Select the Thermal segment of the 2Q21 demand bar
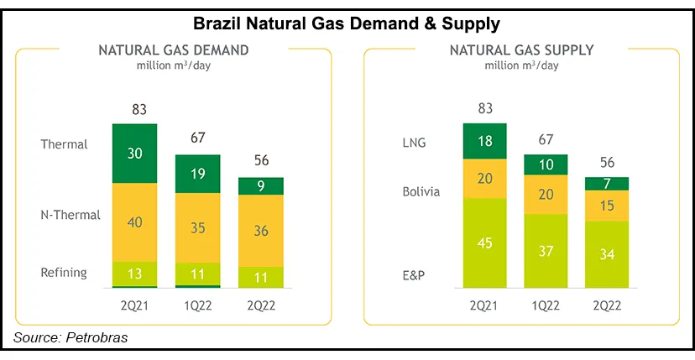(135, 152)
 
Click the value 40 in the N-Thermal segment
(135, 221)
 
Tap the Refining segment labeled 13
(135, 273)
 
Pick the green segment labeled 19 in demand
(198, 175)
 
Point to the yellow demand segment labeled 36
(260, 229)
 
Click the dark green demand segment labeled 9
(260, 186)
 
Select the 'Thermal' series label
(64, 144)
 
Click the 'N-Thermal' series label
(71, 215)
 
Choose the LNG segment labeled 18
(485, 140)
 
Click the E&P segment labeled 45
(485, 244)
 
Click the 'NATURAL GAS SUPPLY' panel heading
(521, 50)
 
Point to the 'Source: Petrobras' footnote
(71, 337)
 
